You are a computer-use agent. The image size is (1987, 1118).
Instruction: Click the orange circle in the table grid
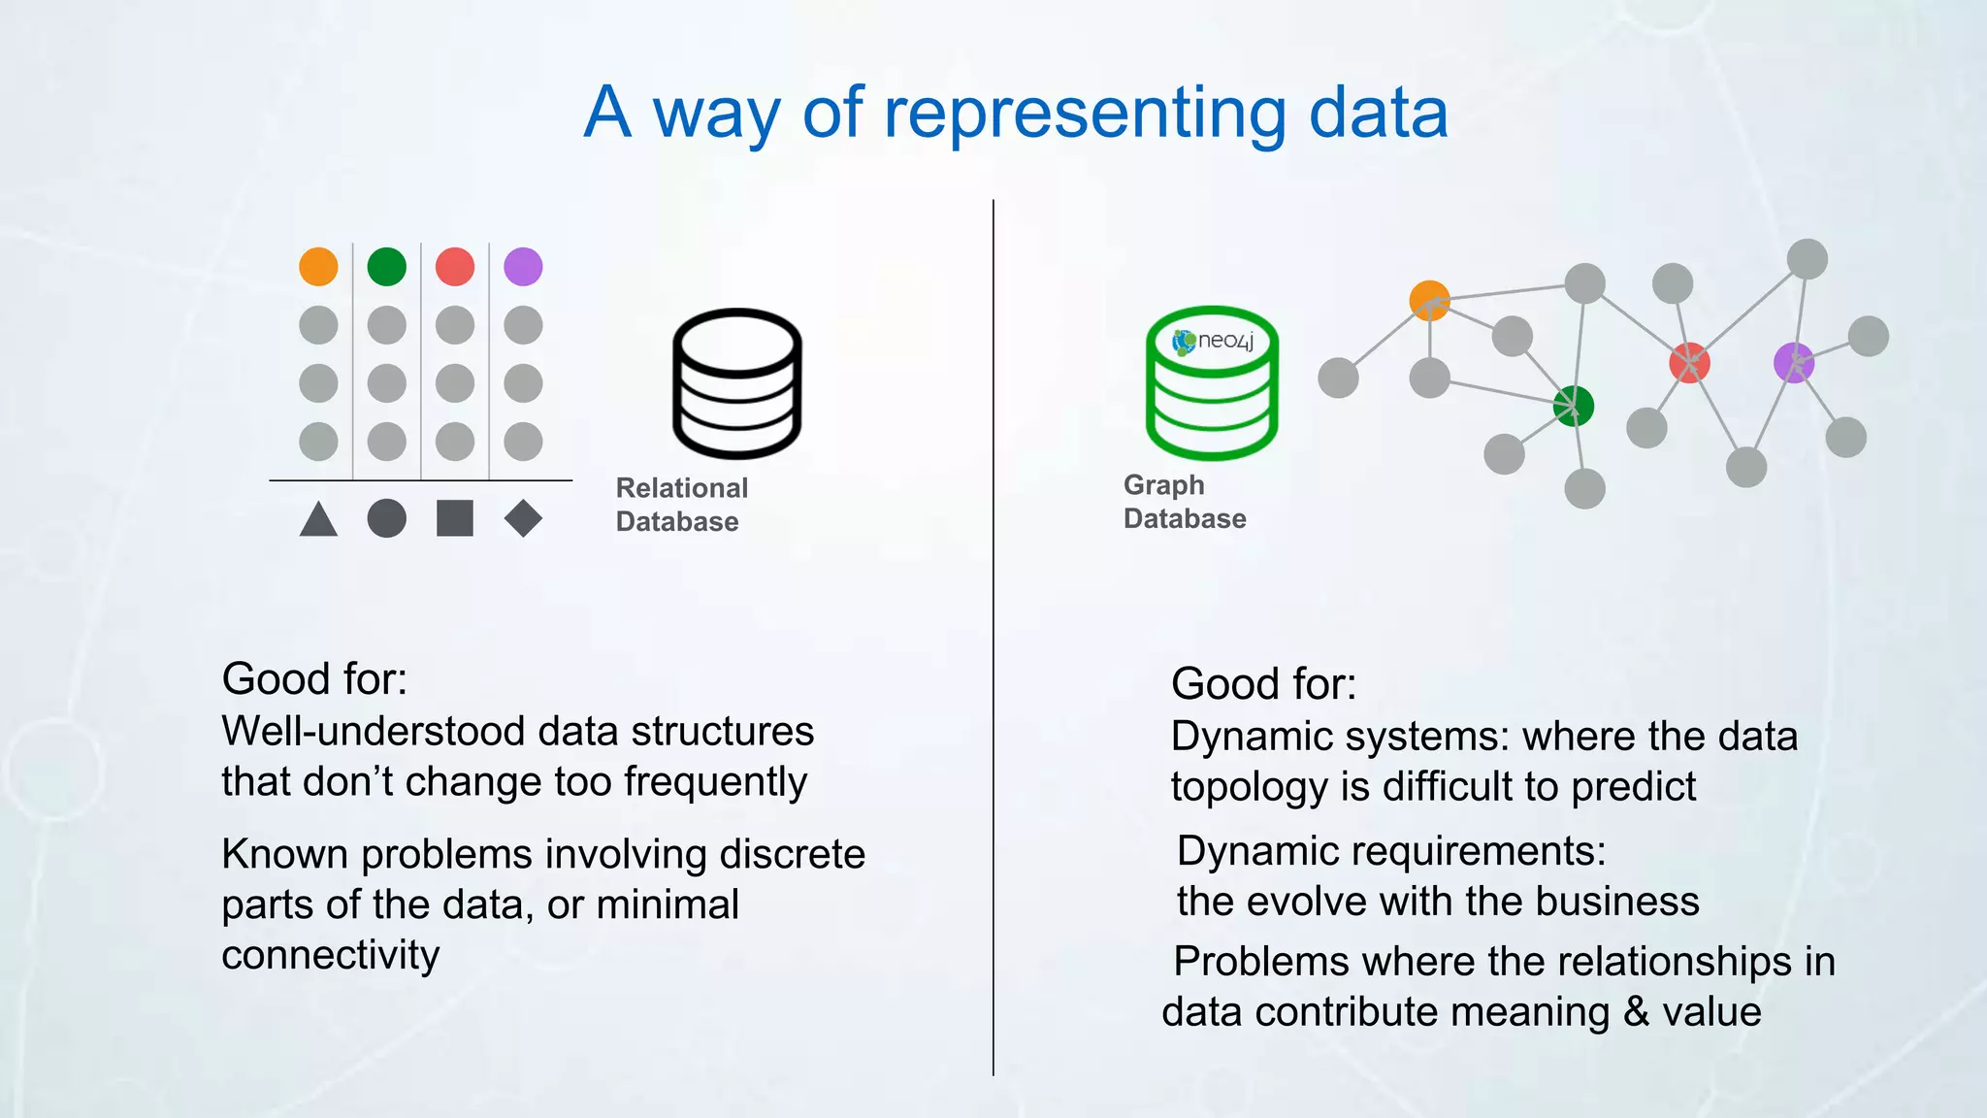coord(318,266)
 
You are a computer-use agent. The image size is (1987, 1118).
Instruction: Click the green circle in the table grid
coord(386,266)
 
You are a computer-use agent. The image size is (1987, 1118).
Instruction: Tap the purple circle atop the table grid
coord(523,266)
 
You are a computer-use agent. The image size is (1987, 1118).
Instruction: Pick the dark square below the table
coord(454,518)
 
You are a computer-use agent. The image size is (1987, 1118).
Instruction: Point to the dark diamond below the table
coord(523,518)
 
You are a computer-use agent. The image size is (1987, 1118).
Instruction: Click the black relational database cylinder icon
coord(737,383)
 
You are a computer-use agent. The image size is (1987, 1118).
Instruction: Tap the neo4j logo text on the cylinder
coord(1224,341)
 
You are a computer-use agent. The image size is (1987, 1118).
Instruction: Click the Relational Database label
coord(681,505)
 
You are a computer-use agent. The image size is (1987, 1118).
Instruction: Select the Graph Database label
coord(1184,502)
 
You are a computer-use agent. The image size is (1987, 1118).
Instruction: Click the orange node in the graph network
coord(1429,301)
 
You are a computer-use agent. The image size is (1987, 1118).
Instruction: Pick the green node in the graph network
coord(1573,406)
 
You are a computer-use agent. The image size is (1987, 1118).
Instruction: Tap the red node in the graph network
coord(1689,363)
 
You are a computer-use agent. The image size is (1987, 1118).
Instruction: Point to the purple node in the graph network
coord(1793,363)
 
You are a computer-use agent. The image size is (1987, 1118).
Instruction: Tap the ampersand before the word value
coord(1636,1012)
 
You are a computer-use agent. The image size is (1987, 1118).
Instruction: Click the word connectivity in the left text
coord(330,956)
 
